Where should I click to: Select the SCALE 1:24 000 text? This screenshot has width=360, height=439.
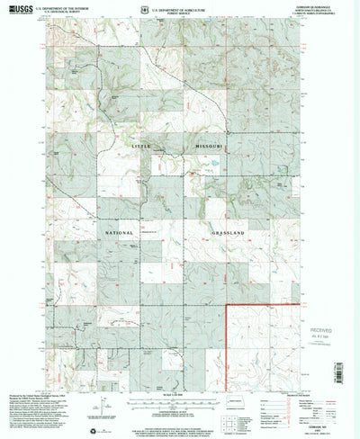click(x=179, y=399)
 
